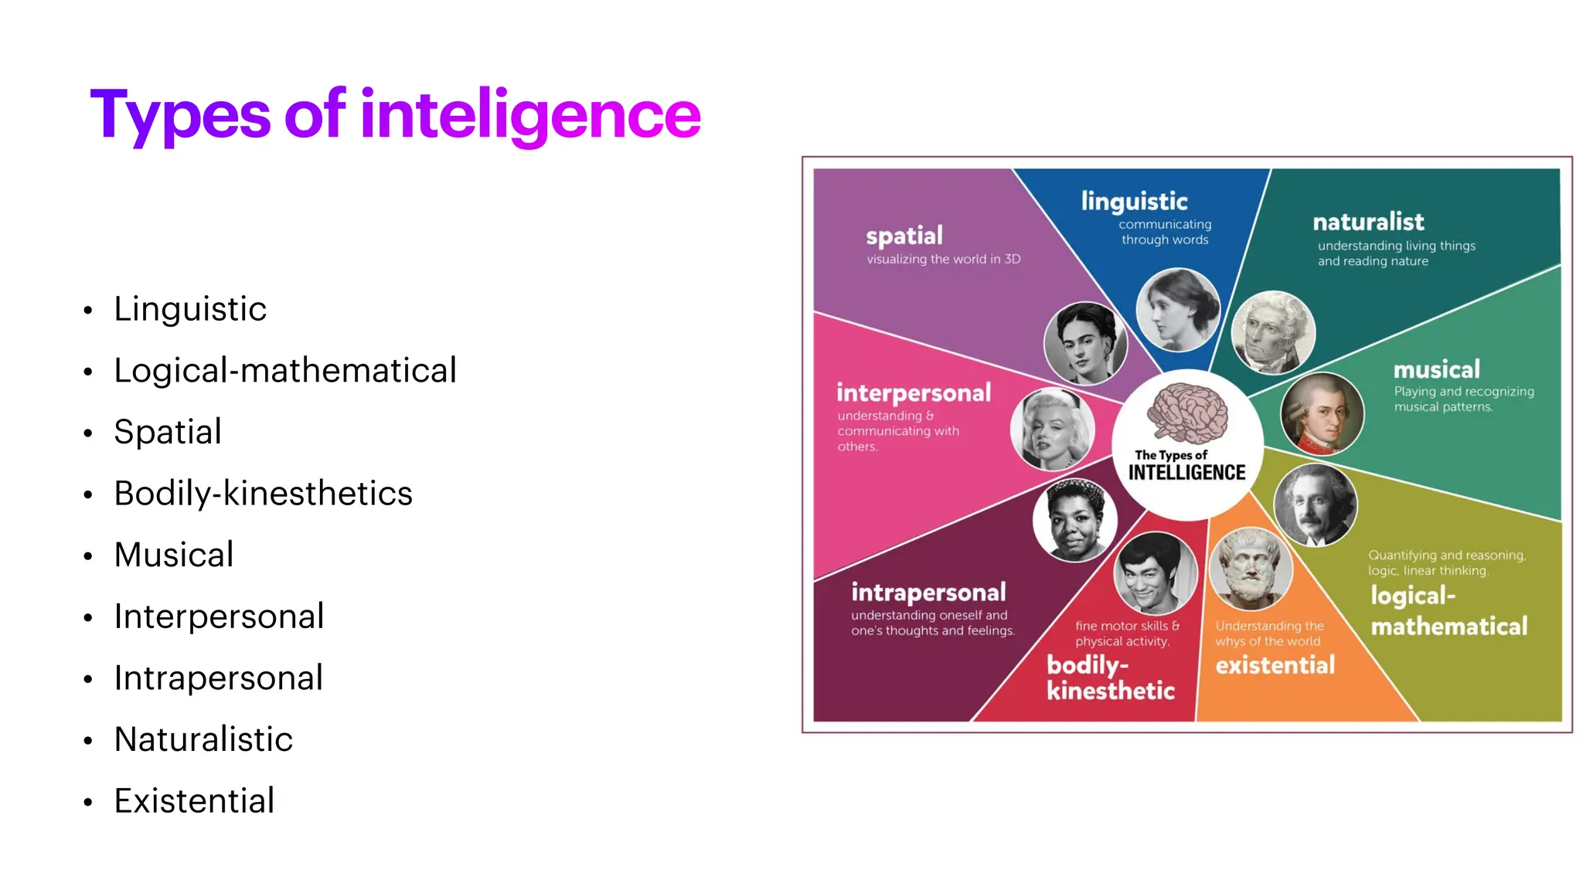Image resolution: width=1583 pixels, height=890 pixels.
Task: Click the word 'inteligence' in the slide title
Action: (530, 114)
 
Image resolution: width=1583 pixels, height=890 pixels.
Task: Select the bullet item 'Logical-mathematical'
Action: (285, 371)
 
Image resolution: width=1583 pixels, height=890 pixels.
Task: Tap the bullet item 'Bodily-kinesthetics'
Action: (263, 494)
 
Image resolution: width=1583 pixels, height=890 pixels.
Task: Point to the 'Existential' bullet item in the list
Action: (194, 801)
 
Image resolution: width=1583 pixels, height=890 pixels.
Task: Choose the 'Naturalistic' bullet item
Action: (203, 739)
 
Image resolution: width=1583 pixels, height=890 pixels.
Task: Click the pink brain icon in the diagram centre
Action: (1187, 413)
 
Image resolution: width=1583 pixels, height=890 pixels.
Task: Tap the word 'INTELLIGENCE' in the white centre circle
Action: (1186, 473)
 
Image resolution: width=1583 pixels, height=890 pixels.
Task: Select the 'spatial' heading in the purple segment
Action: (904, 236)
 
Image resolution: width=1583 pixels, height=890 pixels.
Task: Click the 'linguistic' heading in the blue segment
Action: (1134, 202)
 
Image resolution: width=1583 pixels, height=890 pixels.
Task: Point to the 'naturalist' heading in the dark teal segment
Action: (1368, 222)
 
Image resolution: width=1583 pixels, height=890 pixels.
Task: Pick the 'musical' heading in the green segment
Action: (1436, 369)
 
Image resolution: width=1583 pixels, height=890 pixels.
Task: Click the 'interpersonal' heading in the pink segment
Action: (914, 393)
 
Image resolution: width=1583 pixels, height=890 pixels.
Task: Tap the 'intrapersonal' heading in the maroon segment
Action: (928, 593)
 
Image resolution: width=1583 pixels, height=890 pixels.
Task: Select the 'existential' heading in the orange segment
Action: (1275, 665)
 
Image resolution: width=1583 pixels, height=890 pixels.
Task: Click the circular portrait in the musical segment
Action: (1322, 414)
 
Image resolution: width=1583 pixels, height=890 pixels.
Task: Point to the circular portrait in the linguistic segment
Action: (1178, 310)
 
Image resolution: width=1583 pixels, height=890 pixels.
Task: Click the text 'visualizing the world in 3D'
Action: (943, 260)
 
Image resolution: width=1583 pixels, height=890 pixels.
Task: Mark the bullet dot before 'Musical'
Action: (88, 556)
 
